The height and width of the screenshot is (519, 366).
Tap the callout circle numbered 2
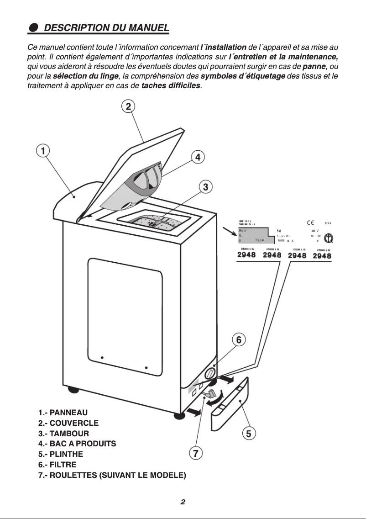(129, 106)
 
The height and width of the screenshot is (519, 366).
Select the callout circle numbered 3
(206, 186)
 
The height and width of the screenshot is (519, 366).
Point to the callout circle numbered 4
(198, 157)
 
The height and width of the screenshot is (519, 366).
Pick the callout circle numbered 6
(239, 340)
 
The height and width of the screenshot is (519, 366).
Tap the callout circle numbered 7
(195, 453)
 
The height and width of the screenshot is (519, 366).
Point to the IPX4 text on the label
(327, 223)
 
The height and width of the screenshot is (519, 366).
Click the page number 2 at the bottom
(183, 502)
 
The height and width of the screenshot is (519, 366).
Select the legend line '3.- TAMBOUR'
(64, 433)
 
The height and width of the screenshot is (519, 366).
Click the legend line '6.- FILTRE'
(58, 465)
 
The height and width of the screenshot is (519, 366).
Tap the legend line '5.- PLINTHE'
(61, 455)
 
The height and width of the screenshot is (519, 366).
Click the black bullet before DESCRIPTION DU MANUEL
(33, 28)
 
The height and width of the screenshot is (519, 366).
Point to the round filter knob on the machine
(210, 373)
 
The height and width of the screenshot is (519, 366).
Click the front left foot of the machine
(178, 415)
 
